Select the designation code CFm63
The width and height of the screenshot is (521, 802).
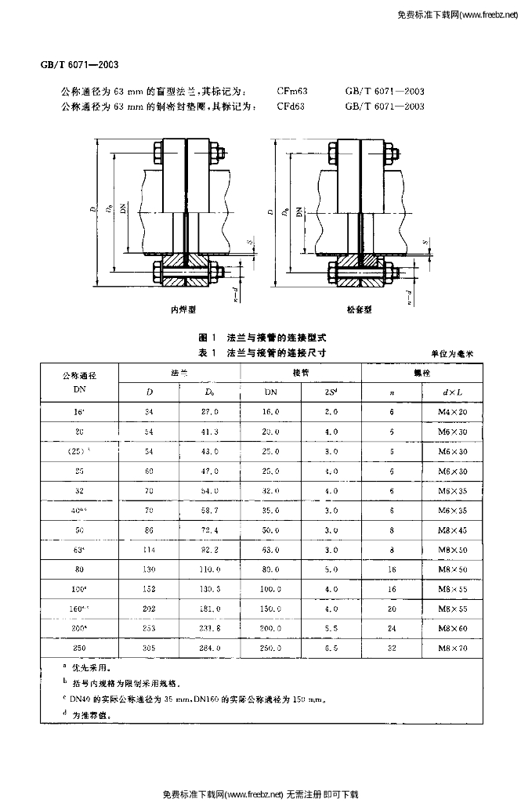(291, 91)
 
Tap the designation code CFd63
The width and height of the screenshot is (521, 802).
(291, 106)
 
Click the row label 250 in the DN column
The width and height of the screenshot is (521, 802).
(78, 648)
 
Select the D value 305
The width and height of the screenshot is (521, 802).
(150, 648)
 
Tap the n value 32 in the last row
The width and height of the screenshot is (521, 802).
(392, 648)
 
